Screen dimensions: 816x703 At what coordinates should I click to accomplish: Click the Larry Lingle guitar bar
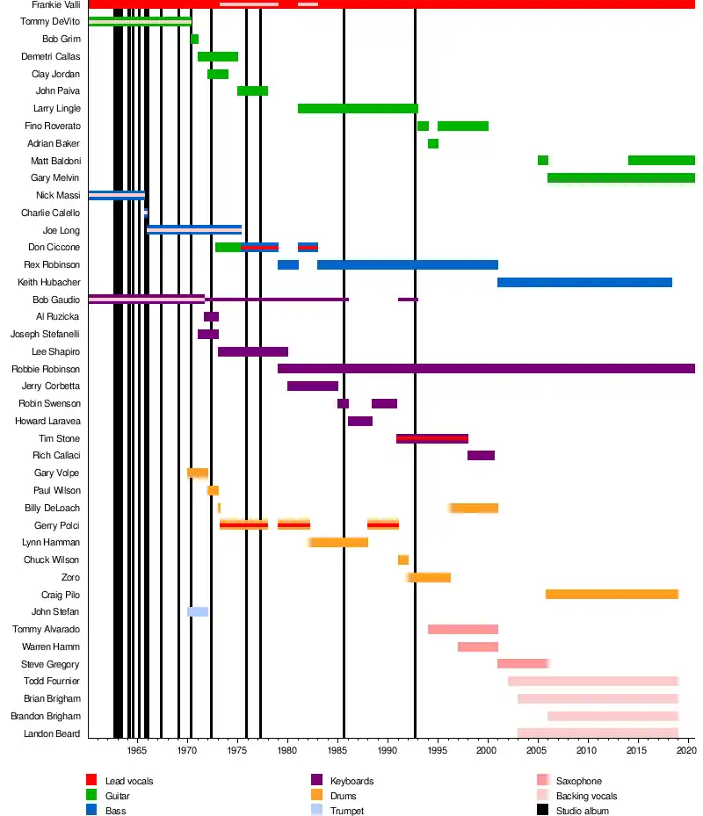[x=358, y=109]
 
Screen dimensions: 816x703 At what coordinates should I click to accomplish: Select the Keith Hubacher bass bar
[x=584, y=282]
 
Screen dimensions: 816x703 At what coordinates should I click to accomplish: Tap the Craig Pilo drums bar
[x=612, y=595]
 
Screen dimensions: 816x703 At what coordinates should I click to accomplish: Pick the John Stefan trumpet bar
[x=198, y=612]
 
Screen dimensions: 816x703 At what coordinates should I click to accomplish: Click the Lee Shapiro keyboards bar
[x=253, y=351]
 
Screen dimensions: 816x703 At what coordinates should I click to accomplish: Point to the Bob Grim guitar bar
[x=195, y=40]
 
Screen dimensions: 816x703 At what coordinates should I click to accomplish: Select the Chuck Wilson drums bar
[x=403, y=560]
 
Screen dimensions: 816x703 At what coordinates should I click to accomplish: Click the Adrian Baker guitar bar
[x=433, y=143]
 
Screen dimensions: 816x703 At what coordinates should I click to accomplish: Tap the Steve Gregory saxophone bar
[x=524, y=664]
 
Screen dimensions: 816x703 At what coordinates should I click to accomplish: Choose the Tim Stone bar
[x=432, y=438]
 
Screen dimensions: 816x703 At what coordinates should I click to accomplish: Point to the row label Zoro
[x=70, y=577]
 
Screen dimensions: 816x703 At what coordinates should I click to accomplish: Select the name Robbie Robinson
[x=46, y=369]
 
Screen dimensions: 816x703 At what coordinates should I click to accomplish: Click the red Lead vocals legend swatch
[x=91, y=781]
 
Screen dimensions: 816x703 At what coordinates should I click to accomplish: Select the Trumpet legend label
[x=346, y=811]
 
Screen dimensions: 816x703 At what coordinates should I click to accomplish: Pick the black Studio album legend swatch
[x=541, y=811]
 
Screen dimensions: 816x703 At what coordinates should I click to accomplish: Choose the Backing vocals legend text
[x=586, y=796]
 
